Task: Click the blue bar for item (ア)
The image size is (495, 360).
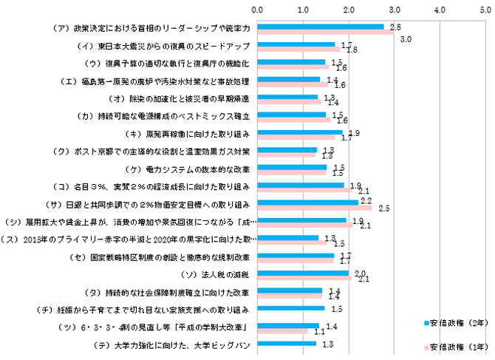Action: coord(321,26)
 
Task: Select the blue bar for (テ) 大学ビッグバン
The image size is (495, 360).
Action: coord(287,343)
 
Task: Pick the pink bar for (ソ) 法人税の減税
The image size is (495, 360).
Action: coord(305,279)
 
